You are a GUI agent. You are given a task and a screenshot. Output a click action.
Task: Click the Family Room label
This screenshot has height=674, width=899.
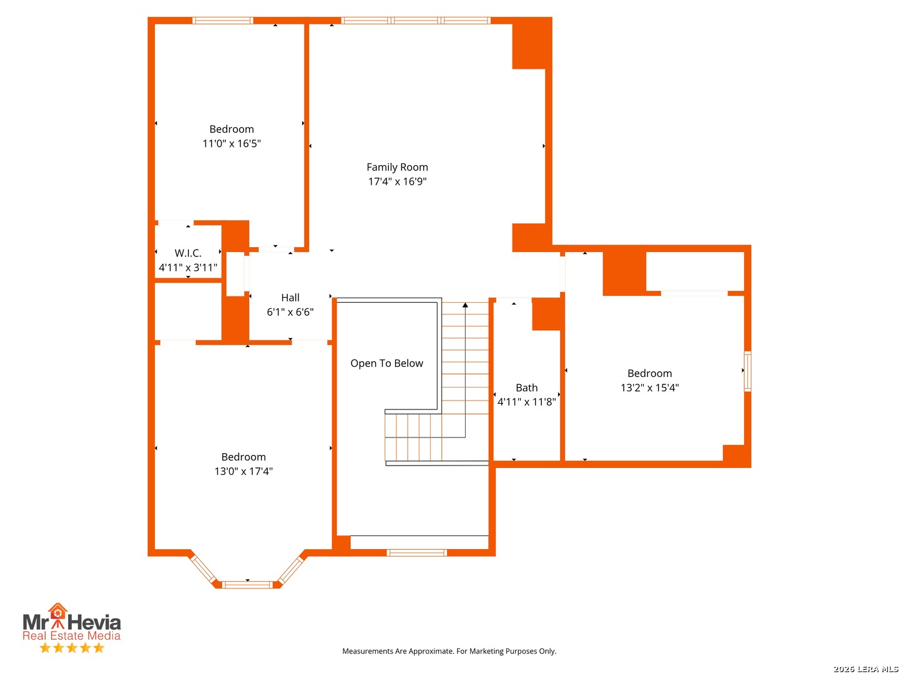pyautogui.click(x=397, y=167)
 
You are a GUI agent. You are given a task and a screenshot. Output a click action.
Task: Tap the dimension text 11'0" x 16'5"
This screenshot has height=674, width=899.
pyautogui.click(x=232, y=144)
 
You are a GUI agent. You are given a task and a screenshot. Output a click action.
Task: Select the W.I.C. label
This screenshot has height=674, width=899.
pyautogui.click(x=187, y=253)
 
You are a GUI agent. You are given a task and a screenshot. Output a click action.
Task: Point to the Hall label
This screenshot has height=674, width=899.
pyautogui.click(x=290, y=298)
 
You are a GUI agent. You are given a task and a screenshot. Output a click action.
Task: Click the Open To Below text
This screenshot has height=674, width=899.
pyautogui.click(x=386, y=363)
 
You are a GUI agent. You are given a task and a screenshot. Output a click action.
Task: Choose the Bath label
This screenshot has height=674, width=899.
pyautogui.click(x=526, y=388)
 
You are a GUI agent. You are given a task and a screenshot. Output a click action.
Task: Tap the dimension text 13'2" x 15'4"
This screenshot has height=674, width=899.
pyautogui.click(x=649, y=388)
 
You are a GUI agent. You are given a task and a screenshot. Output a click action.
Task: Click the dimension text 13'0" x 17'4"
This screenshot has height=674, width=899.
pyautogui.click(x=243, y=471)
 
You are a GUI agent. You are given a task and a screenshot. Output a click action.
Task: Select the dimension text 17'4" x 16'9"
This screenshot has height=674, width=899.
pyautogui.click(x=397, y=181)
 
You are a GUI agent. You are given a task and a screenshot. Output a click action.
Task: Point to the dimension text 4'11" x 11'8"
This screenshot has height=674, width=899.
pyautogui.click(x=526, y=402)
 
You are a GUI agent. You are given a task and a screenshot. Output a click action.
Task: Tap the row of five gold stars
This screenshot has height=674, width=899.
pyautogui.click(x=72, y=648)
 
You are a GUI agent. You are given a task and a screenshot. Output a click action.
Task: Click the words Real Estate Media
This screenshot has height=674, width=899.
pyautogui.click(x=71, y=635)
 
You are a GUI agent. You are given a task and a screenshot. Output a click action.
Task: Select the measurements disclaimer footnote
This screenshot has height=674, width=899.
pyautogui.click(x=449, y=651)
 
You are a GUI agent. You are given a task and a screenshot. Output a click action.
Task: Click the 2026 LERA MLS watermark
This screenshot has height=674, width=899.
pyautogui.click(x=865, y=668)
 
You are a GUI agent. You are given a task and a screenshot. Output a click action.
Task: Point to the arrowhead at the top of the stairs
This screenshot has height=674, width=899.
pyautogui.click(x=465, y=305)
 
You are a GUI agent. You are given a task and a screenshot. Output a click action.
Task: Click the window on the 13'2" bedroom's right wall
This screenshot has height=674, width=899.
pyautogui.click(x=747, y=371)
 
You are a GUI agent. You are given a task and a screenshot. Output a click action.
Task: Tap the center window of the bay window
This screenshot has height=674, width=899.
pyautogui.click(x=247, y=585)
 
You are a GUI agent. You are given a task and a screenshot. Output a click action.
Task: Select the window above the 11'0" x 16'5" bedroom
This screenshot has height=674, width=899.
pyautogui.click(x=222, y=21)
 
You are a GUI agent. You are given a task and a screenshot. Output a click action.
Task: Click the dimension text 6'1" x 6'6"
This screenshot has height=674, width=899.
pyautogui.click(x=290, y=312)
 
